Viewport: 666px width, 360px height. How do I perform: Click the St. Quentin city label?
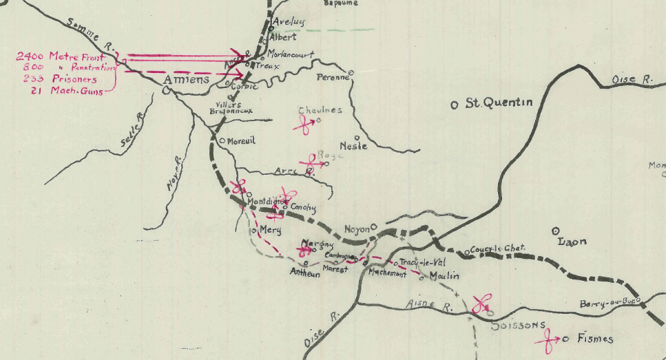[499, 103]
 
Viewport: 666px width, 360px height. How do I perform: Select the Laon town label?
[573, 241]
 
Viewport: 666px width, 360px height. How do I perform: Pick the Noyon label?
[357, 229]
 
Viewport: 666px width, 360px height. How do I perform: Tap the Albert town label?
[282, 37]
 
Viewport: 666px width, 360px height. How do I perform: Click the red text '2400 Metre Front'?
[61, 56]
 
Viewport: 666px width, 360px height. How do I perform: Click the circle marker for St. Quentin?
[454, 105]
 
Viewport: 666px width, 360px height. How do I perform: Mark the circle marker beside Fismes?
[565, 339]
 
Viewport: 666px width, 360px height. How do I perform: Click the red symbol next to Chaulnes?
[304, 125]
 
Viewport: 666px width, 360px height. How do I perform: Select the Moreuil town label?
[240, 140]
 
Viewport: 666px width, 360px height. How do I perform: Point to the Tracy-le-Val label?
[423, 262]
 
